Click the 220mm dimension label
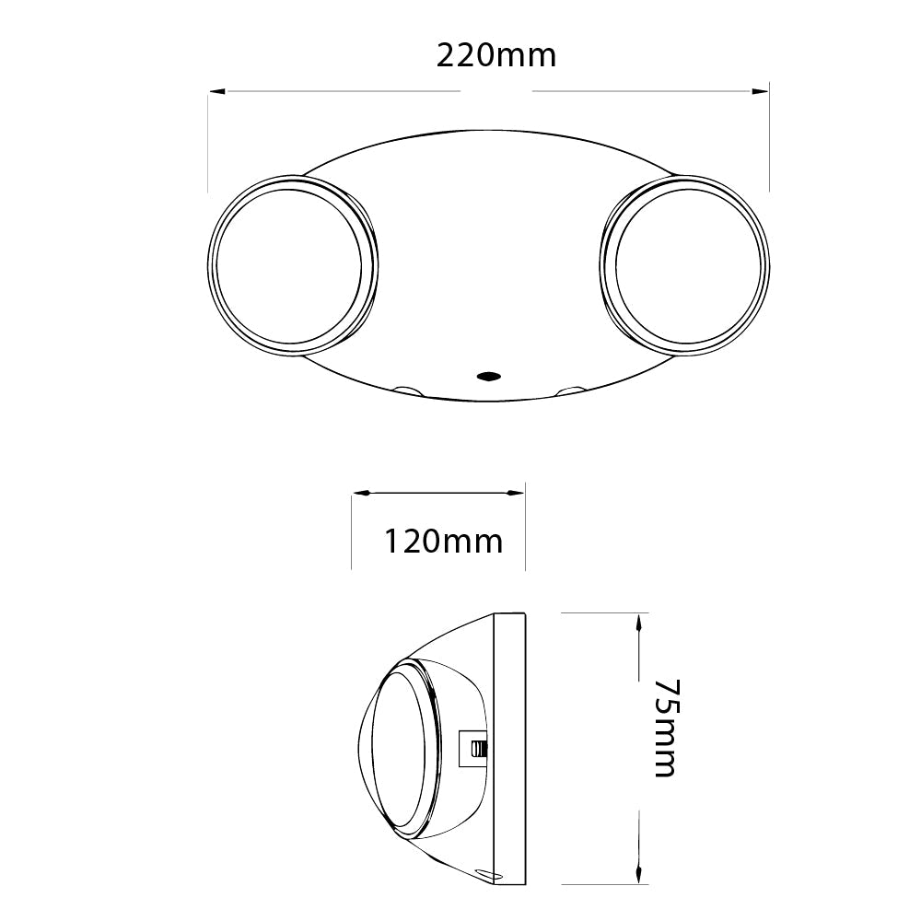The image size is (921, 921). click(495, 56)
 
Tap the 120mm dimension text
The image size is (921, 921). click(443, 542)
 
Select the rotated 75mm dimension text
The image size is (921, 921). click(664, 728)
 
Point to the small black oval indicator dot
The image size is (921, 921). click(487, 376)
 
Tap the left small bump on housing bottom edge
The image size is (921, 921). click(404, 390)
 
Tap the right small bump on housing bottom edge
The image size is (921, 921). click(570, 391)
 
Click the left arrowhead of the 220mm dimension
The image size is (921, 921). click(217, 91)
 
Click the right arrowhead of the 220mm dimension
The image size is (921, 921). click(760, 91)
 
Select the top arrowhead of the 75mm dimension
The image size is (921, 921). click(638, 623)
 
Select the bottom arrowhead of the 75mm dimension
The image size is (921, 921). click(638, 871)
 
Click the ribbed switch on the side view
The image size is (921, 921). click(476, 748)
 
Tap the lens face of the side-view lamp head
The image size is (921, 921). click(402, 746)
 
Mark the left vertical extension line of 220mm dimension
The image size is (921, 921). click(208, 138)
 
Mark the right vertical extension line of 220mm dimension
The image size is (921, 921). click(769, 138)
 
